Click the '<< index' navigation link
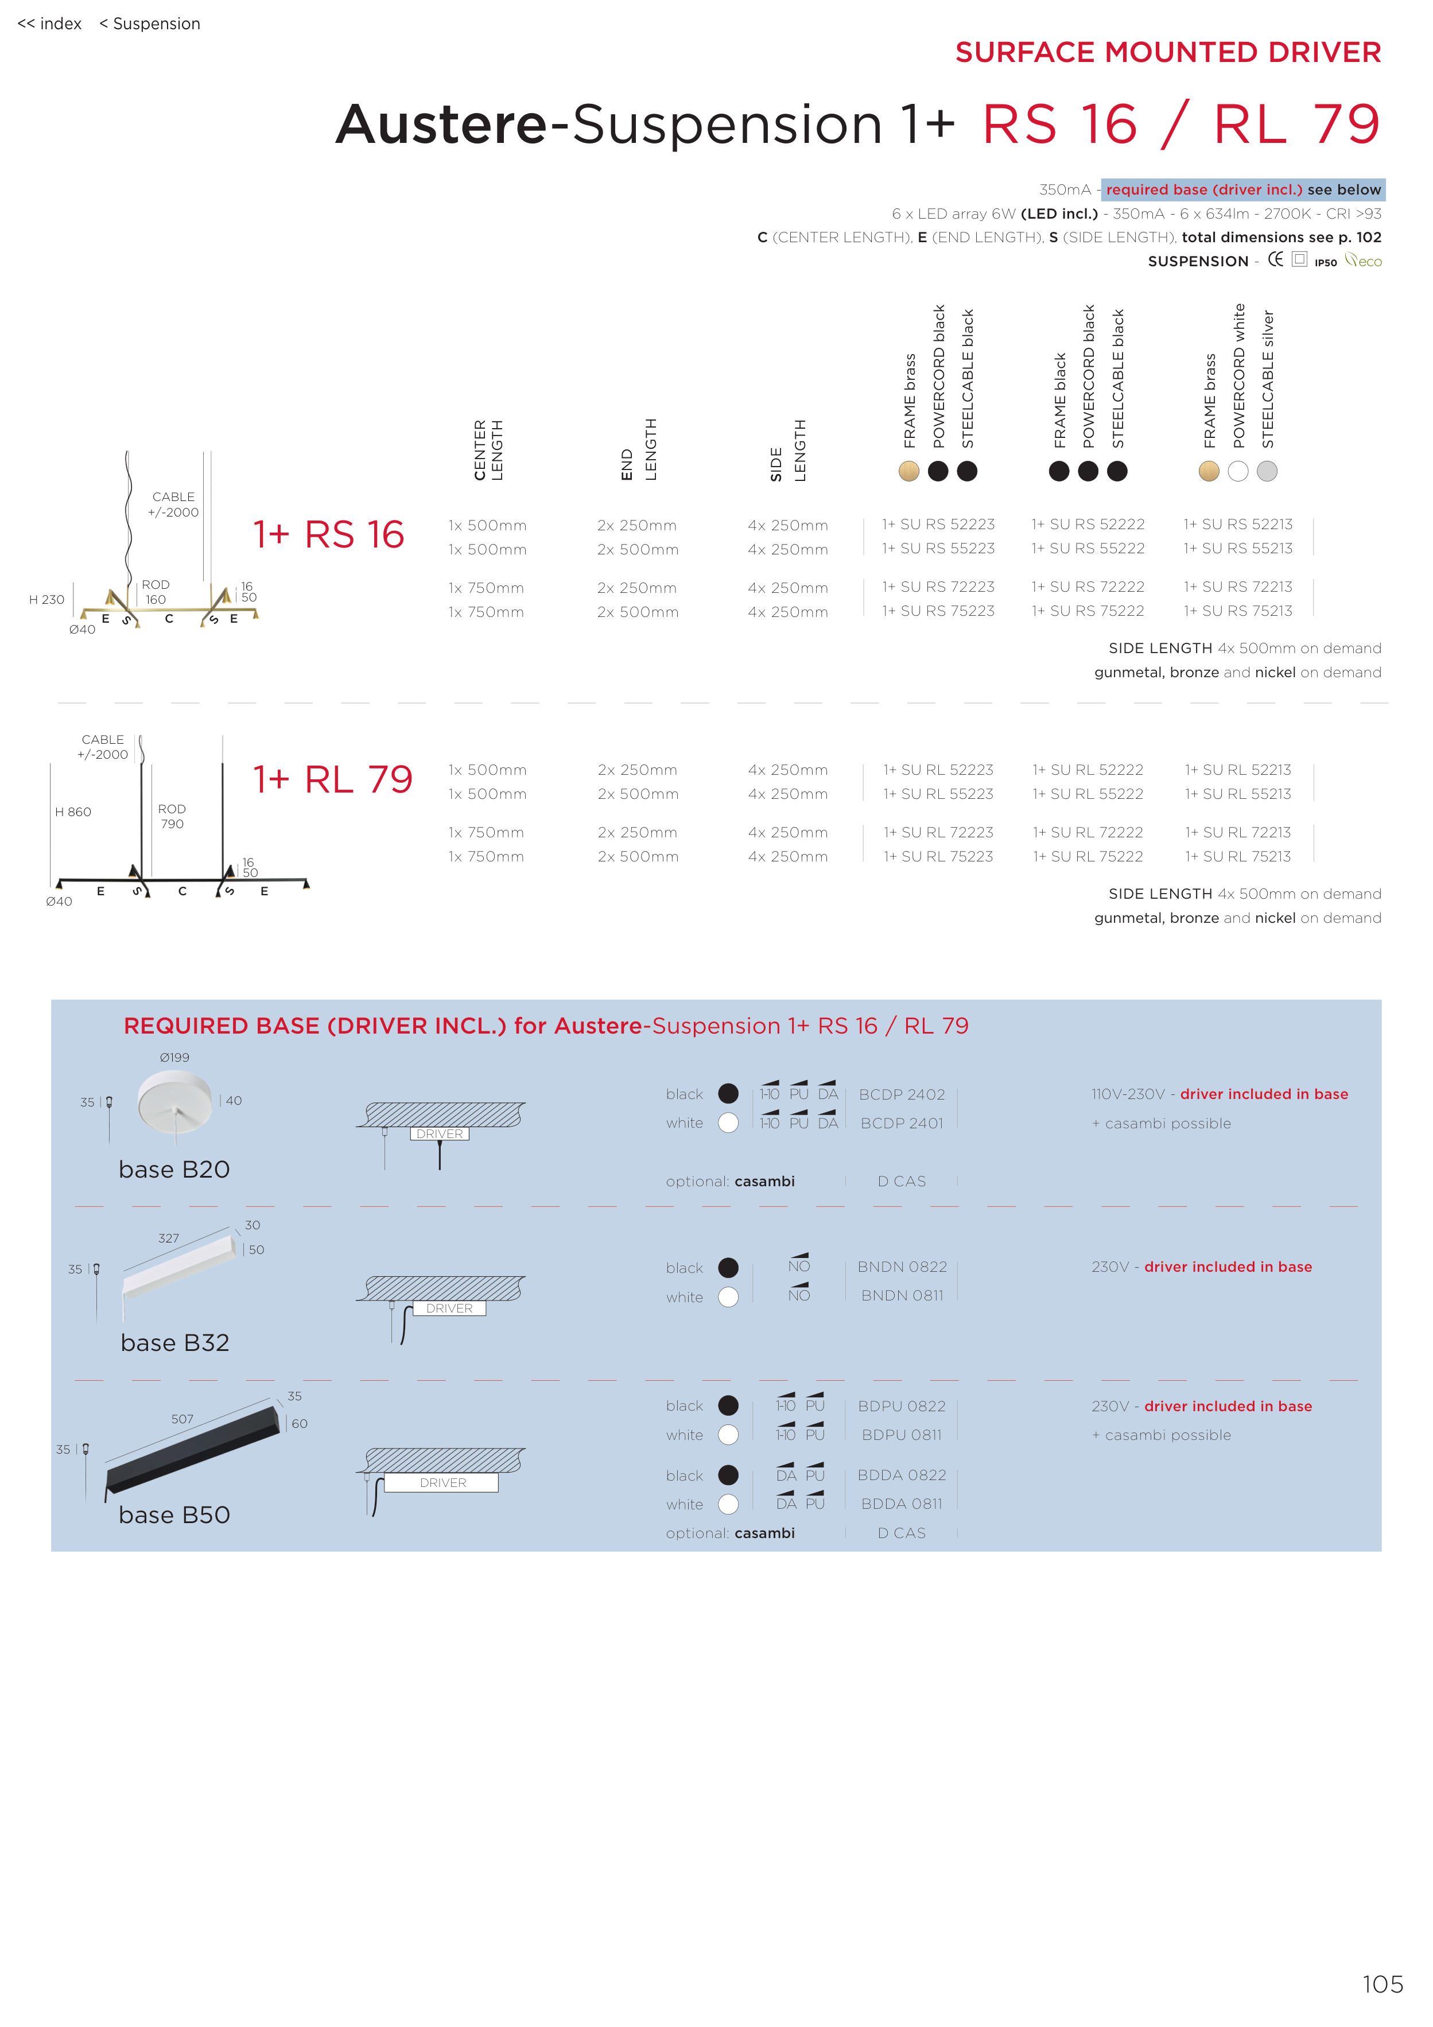[49, 24]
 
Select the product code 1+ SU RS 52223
[938, 525]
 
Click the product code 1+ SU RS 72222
[1088, 587]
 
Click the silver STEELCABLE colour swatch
[1267, 471]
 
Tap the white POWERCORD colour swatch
[1238, 471]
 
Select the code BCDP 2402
[902, 1095]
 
